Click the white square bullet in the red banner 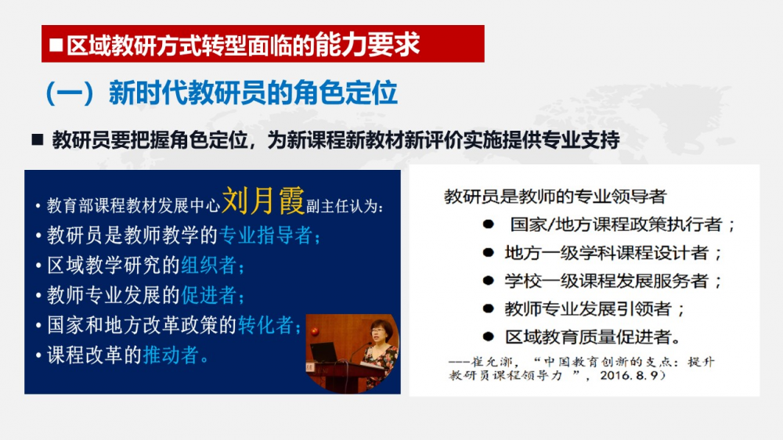(x=56, y=45)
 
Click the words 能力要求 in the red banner (x=367, y=45)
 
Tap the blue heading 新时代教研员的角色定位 (x=253, y=93)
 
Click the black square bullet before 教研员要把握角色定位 (x=38, y=140)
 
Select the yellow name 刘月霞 (x=262, y=200)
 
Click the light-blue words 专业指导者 (x=266, y=235)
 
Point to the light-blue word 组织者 (x=209, y=265)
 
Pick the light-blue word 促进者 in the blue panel (x=209, y=295)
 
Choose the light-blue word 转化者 (x=265, y=325)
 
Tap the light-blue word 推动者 (x=171, y=355)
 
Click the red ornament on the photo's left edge (x=315, y=330)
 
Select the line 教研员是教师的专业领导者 (x=555, y=197)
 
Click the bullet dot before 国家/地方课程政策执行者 (x=489, y=224)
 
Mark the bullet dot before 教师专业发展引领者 (x=489, y=308)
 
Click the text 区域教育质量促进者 (x=588, y=337)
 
